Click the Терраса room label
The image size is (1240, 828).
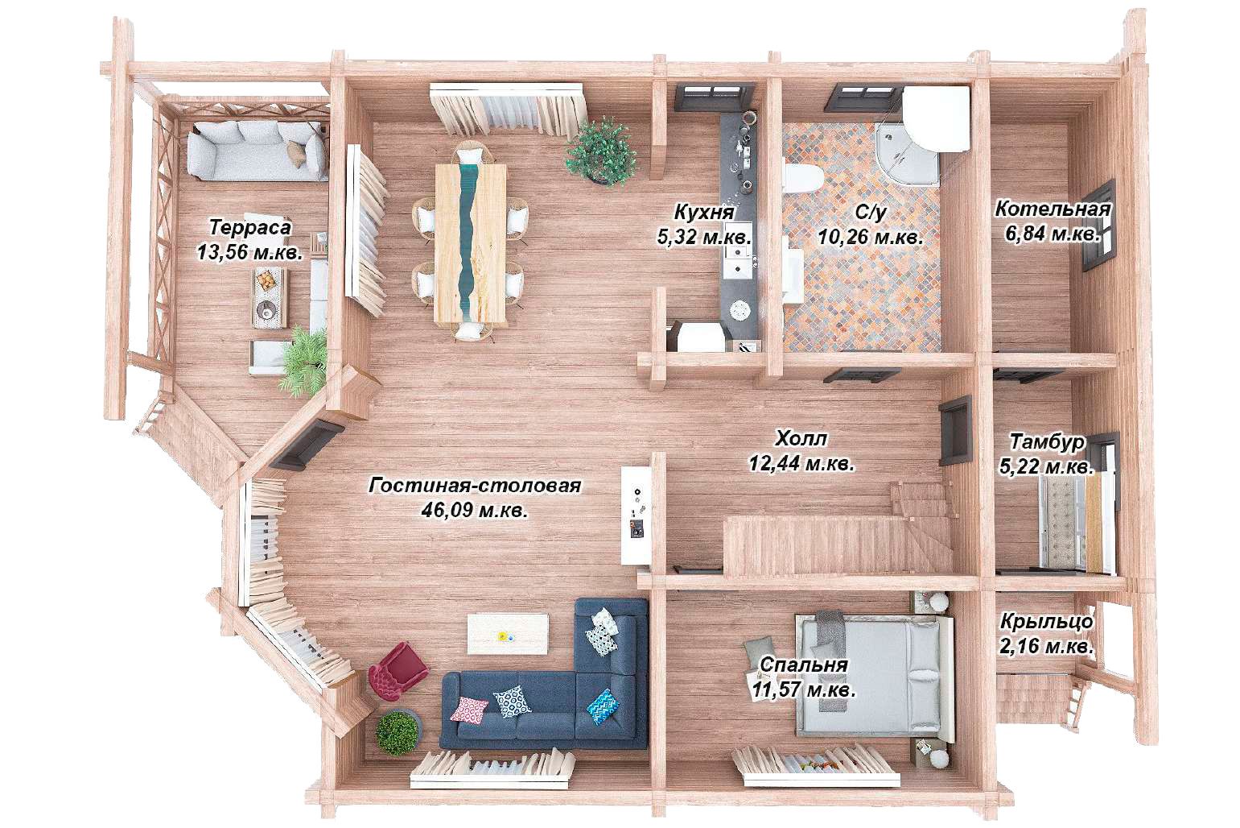pyautogui.click(x=250, y=228)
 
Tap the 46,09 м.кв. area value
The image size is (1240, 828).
pyautogui.click(x=475, y=510)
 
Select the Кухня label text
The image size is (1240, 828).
pyautogui.click(x=704, y=213)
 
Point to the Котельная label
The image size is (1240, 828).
pyautogui.click(x=1053, y=209)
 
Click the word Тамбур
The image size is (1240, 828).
pyautogui.click(x=1047, y=441)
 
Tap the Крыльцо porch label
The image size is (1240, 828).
pyautogui.click(x=1047, y=622)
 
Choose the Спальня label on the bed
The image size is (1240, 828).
pyautogui.click(x=804, y=664)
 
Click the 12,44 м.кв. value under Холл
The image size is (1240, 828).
pyautogui.click(x=802, y=463)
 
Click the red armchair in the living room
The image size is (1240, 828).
pyautogui.click(x=398, y=671)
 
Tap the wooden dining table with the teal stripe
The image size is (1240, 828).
pyautogui.click(x=471, y=242)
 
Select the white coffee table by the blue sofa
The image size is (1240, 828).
pyautogui.click(x=508, y=633)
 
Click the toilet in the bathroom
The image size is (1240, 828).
pyautogui.click(x=803, y=177)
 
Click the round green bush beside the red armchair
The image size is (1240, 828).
pyautogui.click(x=398, y=733)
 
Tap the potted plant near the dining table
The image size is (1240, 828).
pyautogui.click(x=600, y=151)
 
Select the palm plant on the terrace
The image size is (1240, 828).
pyautogui.click(x=303, y=360)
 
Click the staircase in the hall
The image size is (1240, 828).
pyautogui.click(x=838, y=536)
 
